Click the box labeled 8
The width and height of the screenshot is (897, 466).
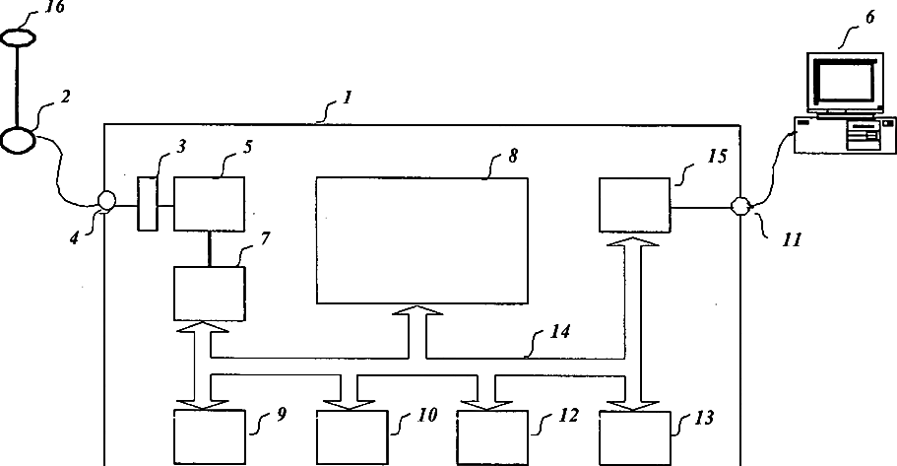click(422, 240)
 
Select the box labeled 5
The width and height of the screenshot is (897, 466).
click(209, 204)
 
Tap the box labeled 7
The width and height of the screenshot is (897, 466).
click(209, 293)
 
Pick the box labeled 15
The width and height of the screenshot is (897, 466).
click(634, 204)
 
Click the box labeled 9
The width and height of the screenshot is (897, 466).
click(209, 439)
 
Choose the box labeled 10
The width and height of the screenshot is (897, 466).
click(351, 439)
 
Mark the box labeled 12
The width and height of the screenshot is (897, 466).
click(492, 439)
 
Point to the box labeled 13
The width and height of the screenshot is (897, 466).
click(634, 439)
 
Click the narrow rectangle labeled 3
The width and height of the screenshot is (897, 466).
click(148, 204)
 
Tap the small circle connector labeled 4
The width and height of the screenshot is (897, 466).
click(106, 201)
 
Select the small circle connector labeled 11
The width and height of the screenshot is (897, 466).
click(740, 205)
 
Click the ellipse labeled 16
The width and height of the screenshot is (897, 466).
click(19, 37)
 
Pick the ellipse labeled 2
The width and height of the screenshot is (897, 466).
click(19, 140)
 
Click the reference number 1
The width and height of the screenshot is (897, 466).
click(346, 100)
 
